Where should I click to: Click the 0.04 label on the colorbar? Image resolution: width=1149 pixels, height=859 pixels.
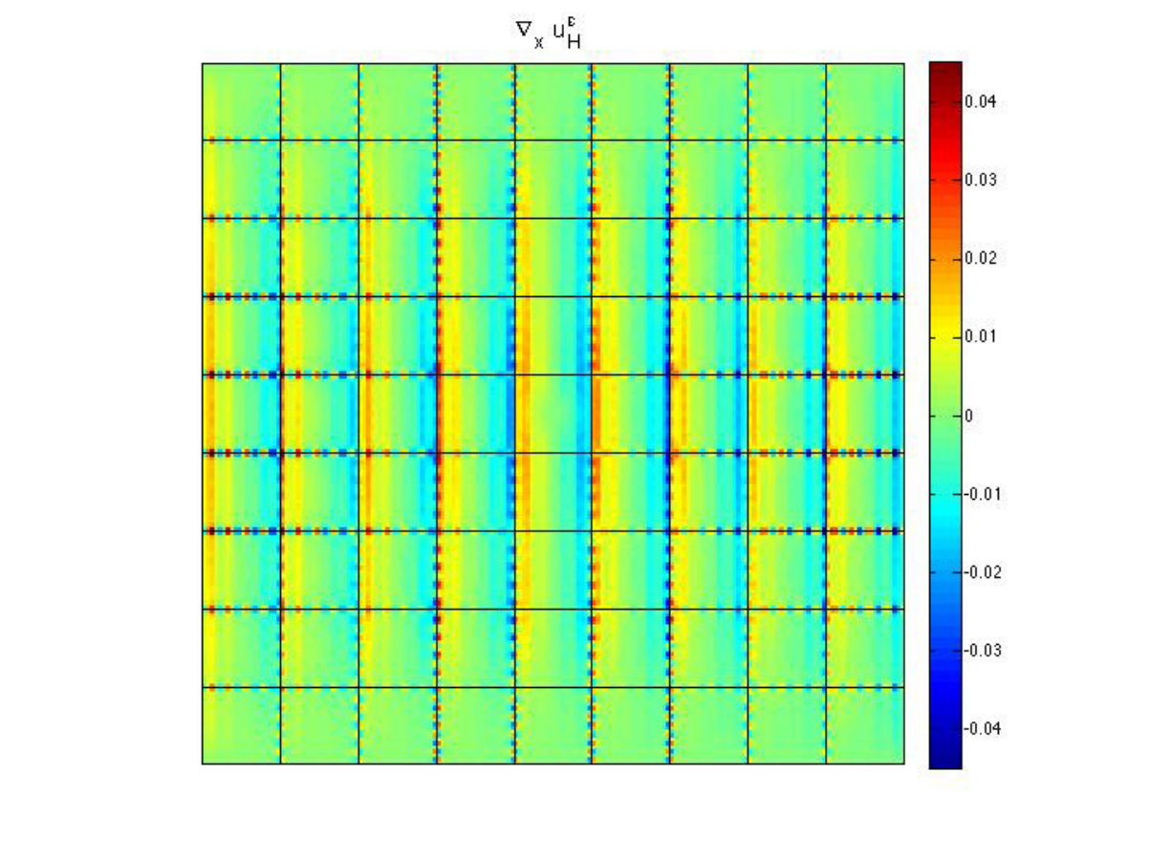[x=981, y=101]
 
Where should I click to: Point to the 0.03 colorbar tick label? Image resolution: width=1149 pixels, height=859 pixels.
[x=981, y=180]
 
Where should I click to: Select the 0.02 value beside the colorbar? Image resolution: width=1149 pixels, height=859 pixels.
[x=981, y=258]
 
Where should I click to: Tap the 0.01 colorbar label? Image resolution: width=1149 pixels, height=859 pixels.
[x=981, y=336]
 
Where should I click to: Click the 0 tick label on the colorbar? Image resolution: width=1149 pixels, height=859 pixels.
[x=969, y=416]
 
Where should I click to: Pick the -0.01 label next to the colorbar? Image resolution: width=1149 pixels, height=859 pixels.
[x=983, y=494]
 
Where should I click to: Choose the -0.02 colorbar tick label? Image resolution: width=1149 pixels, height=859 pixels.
[x=983, y=572]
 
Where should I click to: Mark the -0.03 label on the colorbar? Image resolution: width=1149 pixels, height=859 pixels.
[x=983, y=651]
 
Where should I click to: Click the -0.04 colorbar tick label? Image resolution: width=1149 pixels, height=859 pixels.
[x=983, y=729]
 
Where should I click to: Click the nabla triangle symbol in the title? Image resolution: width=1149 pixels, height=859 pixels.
[x=524, y=30]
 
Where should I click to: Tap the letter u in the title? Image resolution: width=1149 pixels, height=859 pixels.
[x=559, y=32]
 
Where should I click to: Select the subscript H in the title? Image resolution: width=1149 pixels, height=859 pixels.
[x=574, y=42]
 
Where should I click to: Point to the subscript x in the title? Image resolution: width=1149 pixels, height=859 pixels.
[x=538, y=42]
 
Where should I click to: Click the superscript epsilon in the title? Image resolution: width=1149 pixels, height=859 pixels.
[x=573, y=22]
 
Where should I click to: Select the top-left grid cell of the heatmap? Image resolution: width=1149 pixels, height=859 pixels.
[x=241, y=102]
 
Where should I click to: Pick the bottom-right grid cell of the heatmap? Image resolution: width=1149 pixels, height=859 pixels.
[x=865, y=725]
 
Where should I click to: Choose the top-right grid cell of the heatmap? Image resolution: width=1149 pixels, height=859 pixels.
[x=865, y=102]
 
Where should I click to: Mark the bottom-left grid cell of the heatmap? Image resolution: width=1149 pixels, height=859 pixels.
[x=241, y=725]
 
